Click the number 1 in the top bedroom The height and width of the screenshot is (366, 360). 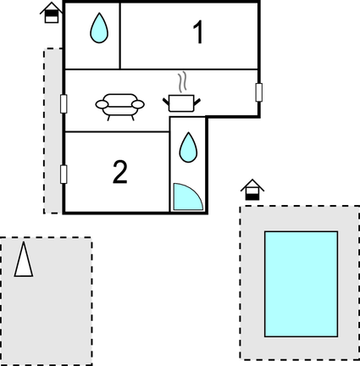(x=198, y=32)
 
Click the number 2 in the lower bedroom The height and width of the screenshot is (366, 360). (x=120, y=172)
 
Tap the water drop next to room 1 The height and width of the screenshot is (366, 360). (x=99, y=28)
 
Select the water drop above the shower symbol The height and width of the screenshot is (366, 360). (x=188, y=147)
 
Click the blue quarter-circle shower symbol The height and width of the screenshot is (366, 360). (x=186, y=197)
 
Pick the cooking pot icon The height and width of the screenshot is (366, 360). (x=181, y=103)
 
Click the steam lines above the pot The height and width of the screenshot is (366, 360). (x=182, y=81)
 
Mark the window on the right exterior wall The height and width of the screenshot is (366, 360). (x=258, y=92)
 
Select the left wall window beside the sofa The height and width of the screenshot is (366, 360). (x=64, y=103)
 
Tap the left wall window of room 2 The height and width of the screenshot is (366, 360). (x=64, y=175)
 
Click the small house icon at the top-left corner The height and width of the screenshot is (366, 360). (x=52, y=13)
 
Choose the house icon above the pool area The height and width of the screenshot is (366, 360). (x=252, y=190)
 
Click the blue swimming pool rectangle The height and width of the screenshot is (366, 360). (x=302, y=284)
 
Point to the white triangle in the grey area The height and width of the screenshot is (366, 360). (x=24, y=260)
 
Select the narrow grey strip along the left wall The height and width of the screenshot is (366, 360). (x=53, y=130)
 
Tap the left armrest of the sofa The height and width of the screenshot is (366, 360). (x=102, y=104)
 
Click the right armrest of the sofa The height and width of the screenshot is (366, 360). (x=138, y=104)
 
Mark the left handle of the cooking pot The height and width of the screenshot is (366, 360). (x=166, y=102)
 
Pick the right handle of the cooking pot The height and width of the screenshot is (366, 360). (x=197, y=102)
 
